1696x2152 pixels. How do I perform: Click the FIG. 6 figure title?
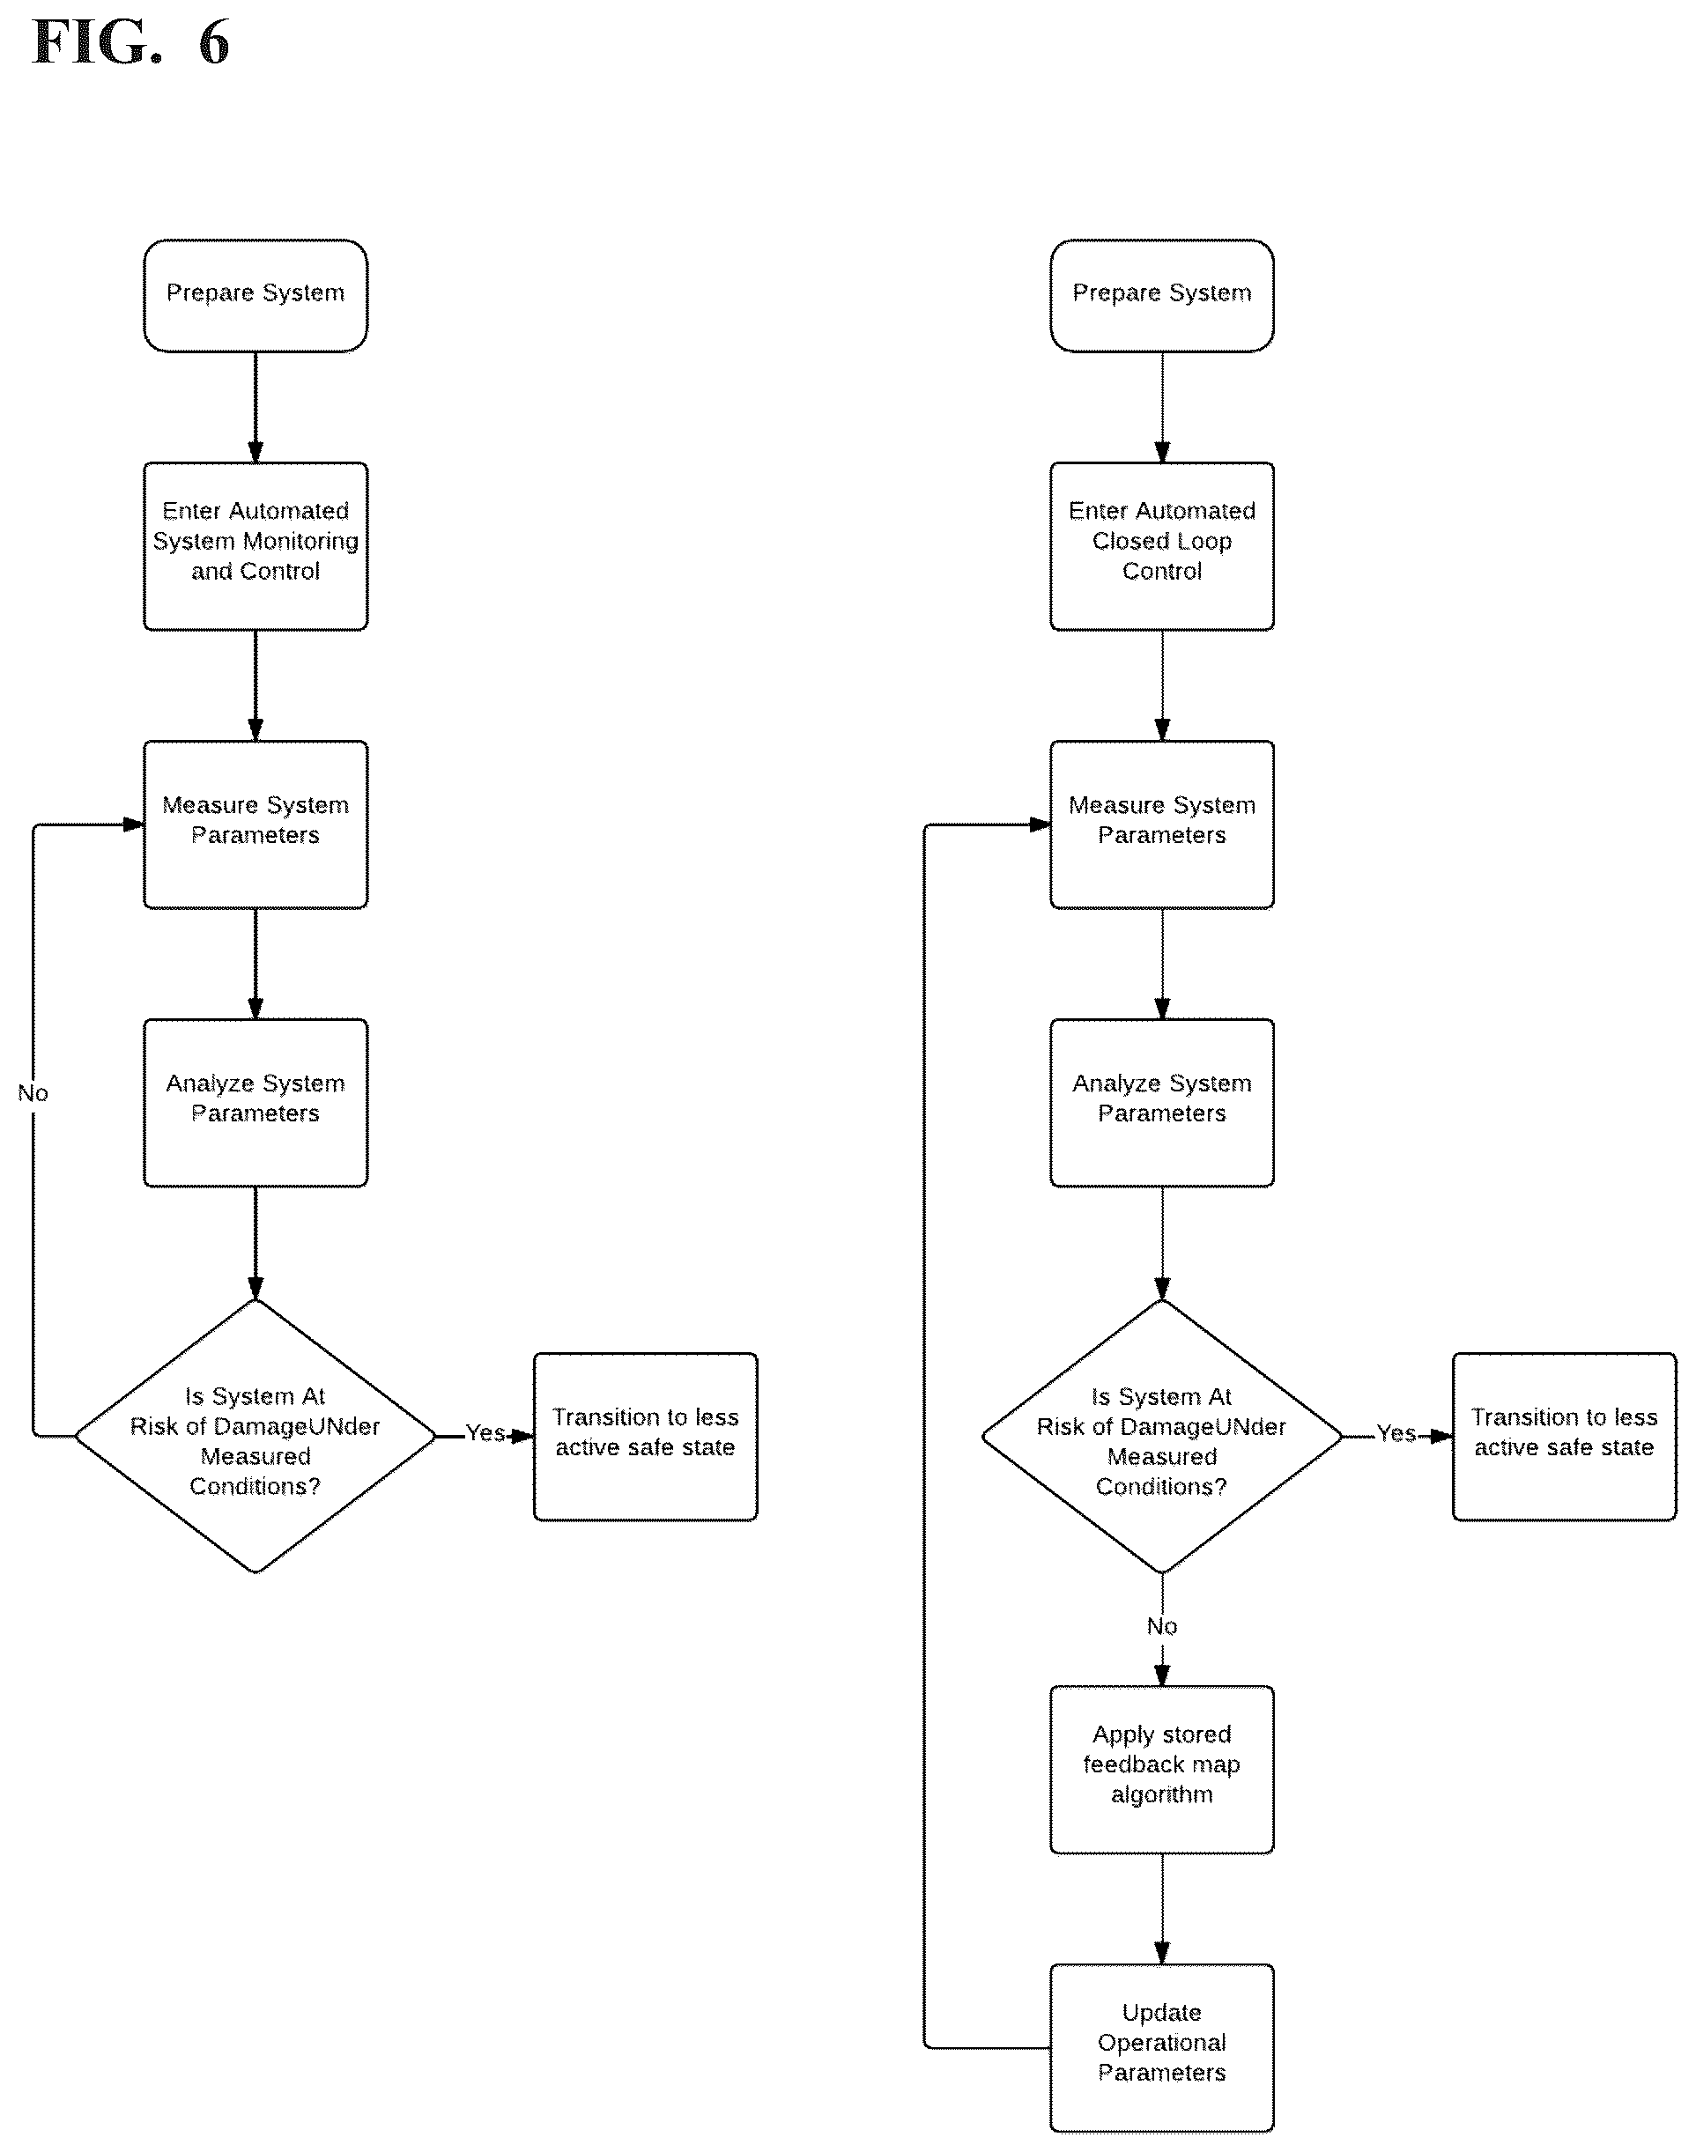coord(131,42)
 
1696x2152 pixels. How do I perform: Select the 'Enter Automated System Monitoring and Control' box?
coord(256,546)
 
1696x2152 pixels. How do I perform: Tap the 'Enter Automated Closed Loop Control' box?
coord(1162,546)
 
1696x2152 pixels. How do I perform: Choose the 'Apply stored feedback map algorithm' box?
coord(1162,1770)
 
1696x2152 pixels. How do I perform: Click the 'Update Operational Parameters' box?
coord(1162,2048)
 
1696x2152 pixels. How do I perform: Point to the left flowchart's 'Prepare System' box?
coord(256,295)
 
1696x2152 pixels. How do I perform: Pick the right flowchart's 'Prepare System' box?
coord(1162,295)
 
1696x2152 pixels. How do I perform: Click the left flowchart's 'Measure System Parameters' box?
coord(256,824)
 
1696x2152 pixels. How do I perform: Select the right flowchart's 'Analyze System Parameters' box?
coord(1162,1102)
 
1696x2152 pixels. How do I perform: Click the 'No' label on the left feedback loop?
coord(33,1093)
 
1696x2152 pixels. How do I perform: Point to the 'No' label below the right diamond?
coord(1162,1626)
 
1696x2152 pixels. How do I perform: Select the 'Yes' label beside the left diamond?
coord(485,1432)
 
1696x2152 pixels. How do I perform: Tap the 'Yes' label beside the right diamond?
coord(1396,1432)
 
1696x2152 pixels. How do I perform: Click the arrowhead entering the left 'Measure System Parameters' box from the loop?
coord(133,824)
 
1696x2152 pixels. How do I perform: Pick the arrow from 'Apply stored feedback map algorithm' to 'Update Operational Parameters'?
coord(1162,1909)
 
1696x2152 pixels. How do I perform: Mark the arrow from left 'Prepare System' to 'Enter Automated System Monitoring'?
coord(256,407)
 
